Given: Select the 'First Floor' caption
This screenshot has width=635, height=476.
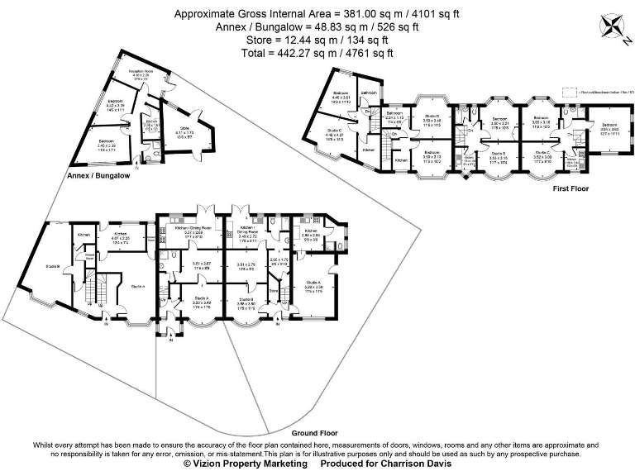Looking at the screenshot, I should pyautogui.click(x=570, y=189).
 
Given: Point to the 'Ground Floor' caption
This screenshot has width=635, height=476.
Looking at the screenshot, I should pyautogui.click(x=315, y=432).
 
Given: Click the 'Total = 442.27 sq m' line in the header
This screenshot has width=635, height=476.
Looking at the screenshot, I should pyautogui.click(x=317, y=53).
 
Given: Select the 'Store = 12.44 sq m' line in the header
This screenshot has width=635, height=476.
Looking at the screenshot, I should pyautogui.click(x=317, y=40).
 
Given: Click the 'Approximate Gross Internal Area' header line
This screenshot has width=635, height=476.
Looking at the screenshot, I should pyautogui.click(x=317, y=14).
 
